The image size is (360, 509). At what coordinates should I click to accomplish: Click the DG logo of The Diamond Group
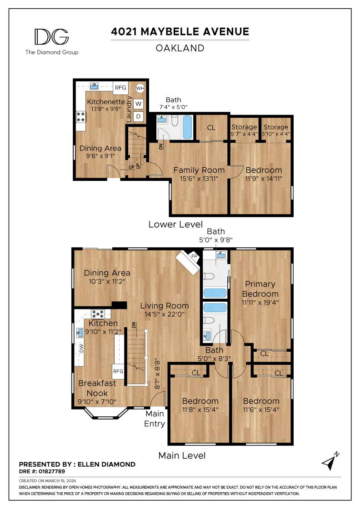point(51,37)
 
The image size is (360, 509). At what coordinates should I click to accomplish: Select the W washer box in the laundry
point(139,104)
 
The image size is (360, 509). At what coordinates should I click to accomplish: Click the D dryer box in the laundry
point(139,116)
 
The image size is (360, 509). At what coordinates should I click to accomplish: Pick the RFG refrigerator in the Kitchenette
point(120,88)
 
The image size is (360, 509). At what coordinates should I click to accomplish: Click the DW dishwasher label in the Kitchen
point(81,350)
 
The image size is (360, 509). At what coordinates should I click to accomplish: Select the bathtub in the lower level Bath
point(187,127)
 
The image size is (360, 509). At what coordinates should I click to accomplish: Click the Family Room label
point(199,170)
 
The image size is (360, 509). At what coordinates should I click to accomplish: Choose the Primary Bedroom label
point(260,289)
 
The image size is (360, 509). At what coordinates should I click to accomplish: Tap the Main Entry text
point(155,419)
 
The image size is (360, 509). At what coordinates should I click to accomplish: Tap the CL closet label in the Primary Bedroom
point(265,353)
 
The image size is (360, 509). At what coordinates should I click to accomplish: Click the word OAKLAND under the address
point(180,48)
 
